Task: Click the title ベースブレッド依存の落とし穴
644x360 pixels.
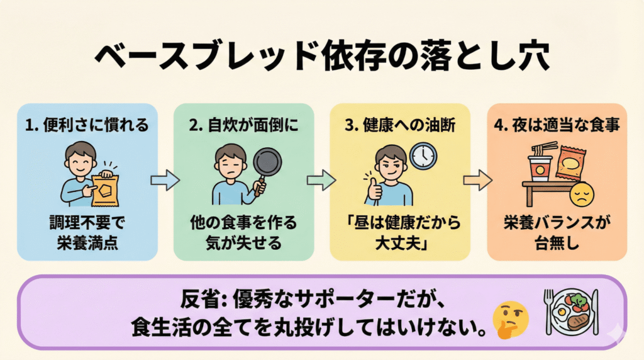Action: click(x=322, y=57)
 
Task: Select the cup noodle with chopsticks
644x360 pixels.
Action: click(x=540, y=164)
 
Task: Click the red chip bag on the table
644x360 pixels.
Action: click(x=572, y=164)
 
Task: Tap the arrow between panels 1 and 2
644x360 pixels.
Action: click(x=165, y=181)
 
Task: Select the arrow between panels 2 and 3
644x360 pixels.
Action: click(x=321, y=181)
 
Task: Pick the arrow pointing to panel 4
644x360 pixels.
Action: click(x=477, y=181)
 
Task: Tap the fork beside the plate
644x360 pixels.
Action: click(x=548, y=310)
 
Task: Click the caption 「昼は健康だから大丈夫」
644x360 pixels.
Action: click(x=400, y=232)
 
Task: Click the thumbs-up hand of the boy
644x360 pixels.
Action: click(x=375, y=188)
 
